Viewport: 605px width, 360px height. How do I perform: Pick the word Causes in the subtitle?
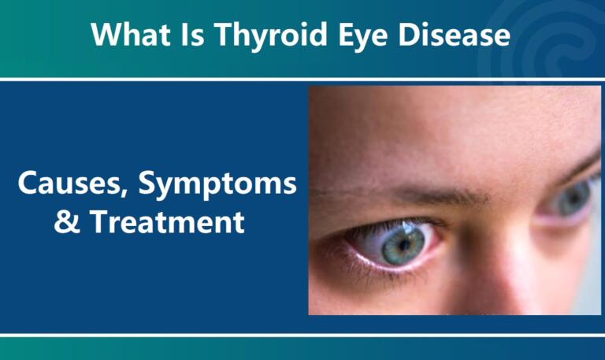pos(72,185)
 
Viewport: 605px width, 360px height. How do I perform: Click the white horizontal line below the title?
pos(302,79)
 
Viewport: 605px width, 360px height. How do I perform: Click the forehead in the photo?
pos(441,134)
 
